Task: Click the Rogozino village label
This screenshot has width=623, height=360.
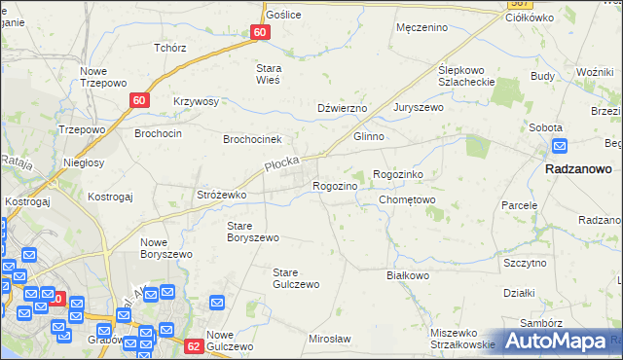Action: point(340,186)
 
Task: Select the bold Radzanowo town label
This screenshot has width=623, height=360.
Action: point(578,168)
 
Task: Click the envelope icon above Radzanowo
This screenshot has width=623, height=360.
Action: point(560,146)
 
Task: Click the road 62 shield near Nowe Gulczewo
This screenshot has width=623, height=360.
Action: point(193,345)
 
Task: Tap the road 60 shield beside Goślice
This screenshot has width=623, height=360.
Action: point(259,32)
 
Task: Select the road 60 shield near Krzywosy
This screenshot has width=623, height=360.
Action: point(140,100)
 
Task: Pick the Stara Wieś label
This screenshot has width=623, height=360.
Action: point(268,74)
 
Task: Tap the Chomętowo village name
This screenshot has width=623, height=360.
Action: point(407,200)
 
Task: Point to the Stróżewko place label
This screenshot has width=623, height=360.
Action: point(222,196)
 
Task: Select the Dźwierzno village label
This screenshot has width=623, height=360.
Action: point(342,108)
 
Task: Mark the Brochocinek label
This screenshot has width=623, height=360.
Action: point(252,139)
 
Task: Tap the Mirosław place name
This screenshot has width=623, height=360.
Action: point(329,338)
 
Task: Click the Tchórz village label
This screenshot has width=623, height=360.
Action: point(169,47)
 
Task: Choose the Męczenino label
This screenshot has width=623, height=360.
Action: point(421,27)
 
